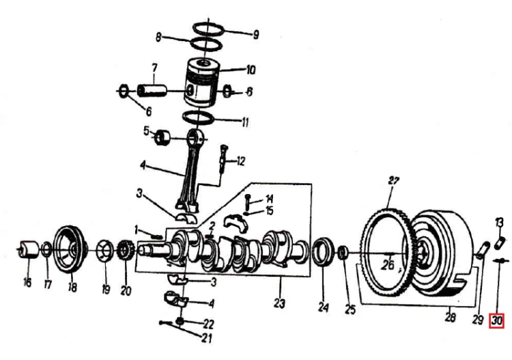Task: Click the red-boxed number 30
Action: [497, 321]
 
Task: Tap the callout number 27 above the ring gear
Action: [394, 180]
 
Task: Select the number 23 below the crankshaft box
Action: [279, 303]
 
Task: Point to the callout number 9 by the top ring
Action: [256, 34]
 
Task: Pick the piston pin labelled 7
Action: [152, 90]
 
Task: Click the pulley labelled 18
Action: [71, 249]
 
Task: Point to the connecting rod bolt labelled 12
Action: [223, 159]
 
